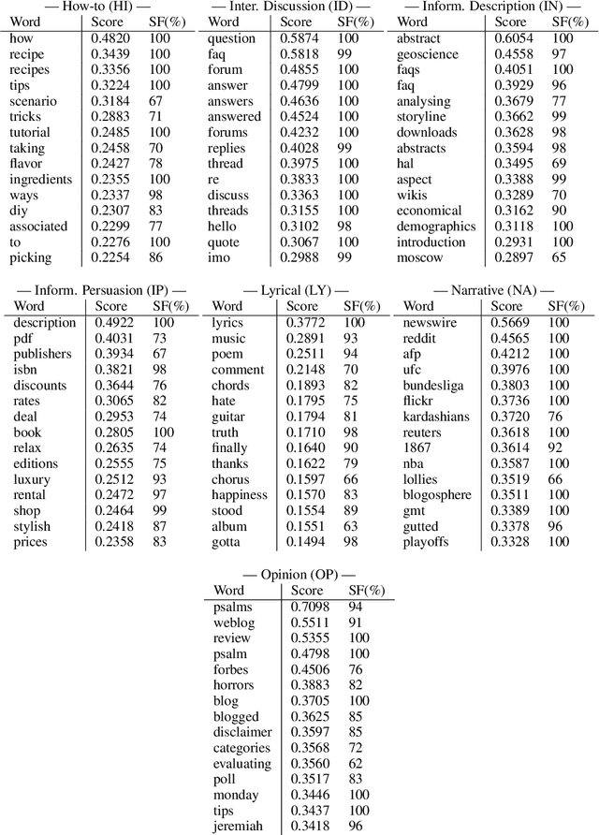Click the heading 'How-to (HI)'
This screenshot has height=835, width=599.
(96, 7)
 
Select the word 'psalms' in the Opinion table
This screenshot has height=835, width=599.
(232, 608)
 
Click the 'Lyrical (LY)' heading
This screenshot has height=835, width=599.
(298, 291)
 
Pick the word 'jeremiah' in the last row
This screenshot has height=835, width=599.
(238, 824)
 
